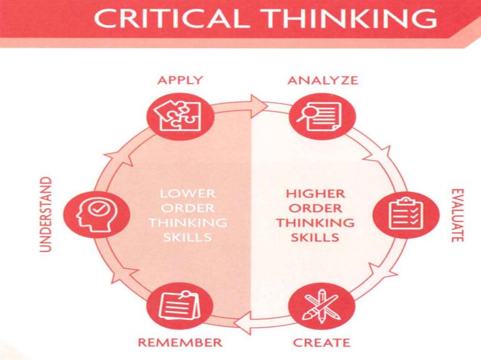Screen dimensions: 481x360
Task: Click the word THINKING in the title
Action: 350,18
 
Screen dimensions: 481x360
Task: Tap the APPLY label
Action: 180,80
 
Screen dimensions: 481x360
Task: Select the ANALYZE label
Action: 323,80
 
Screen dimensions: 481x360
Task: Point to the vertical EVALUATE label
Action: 457,215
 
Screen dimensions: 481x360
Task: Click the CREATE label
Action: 322,342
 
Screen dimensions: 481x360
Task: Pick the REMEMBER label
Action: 180,342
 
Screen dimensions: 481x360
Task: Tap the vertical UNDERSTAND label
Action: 46,214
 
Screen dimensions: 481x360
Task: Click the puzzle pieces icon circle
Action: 180,117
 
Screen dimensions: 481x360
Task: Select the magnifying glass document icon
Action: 322,117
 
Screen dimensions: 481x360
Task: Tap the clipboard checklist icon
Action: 406,214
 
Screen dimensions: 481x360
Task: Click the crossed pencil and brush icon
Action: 322,306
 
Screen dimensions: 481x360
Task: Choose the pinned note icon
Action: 180,306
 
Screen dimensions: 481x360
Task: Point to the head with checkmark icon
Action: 97,214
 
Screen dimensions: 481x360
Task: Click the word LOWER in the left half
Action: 188,194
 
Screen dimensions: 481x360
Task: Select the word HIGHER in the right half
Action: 315,194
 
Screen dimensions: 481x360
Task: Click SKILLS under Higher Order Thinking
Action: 315,237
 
